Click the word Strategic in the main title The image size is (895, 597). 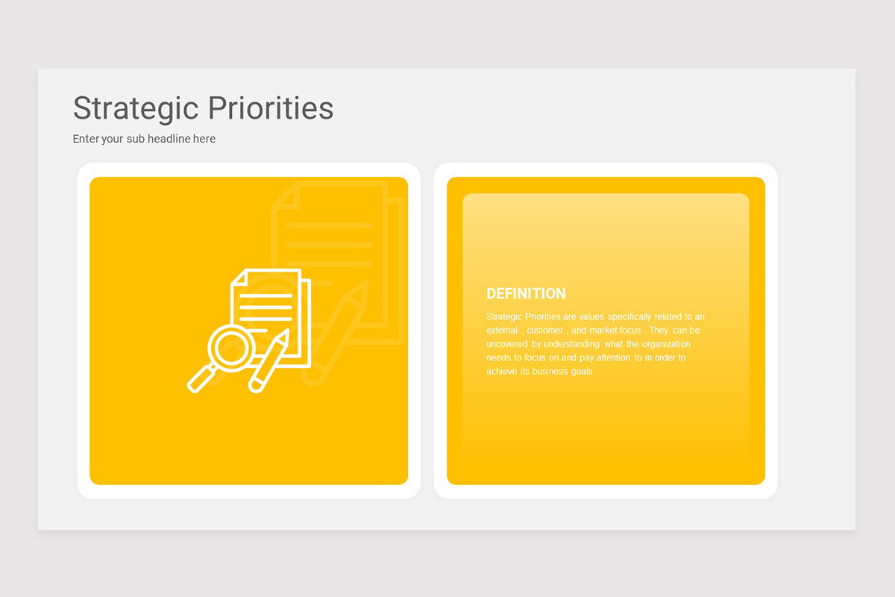pos(135,109)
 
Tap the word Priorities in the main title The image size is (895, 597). pos(270,109)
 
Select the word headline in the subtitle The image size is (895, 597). pos(169,139)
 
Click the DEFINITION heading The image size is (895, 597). pos(526,294)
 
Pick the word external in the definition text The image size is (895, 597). pos(502,331)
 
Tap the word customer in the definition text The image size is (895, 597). pos(544,331)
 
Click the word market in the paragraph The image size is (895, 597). pos(603,331)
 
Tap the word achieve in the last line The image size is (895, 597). pos(502,372)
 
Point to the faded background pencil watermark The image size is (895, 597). pos(339,328)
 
